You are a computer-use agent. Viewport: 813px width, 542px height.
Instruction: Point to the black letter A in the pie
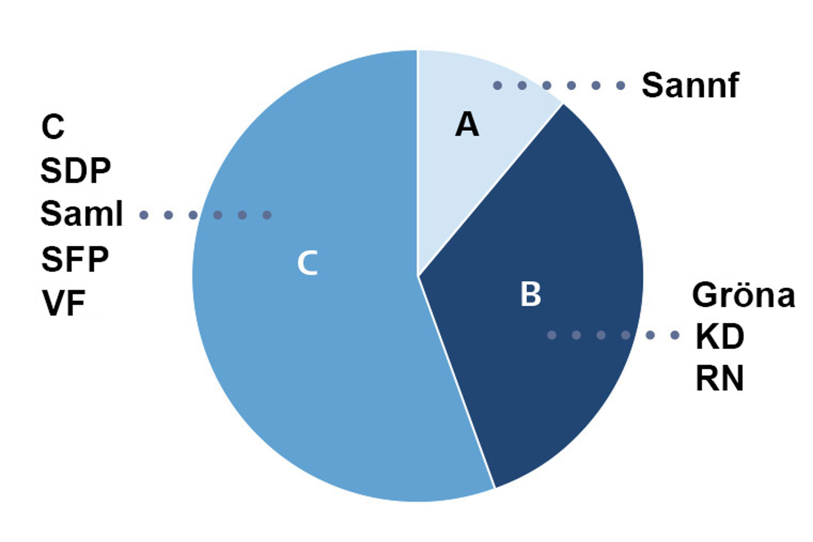tap(467, 125)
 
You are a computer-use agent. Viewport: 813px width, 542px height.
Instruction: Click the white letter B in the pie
tap(531, 294)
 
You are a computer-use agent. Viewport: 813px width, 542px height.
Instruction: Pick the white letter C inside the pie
tap(307, 263)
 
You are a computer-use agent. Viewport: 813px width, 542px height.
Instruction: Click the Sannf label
tap(690, 86)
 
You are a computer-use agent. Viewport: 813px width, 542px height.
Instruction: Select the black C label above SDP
tap(53, 127)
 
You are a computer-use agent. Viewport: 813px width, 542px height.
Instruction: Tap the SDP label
tap(75, 171)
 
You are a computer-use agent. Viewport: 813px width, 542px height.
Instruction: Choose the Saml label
tap(81, 214)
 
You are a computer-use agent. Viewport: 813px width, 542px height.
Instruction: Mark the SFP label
tap(75, 259)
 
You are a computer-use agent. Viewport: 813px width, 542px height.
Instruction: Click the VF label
tap(64, 303)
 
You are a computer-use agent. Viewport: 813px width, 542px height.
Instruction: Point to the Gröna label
tap(744, 295)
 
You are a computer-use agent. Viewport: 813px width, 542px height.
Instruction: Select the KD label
tap(720, 337)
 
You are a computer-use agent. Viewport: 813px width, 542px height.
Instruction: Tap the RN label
tap(720, 378)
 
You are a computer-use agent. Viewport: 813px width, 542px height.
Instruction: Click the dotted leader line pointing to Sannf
tap(559, 86)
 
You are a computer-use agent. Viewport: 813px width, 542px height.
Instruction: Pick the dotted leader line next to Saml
tap(205, 215)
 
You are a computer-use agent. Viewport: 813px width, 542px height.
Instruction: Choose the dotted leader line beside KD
tap(613, 335)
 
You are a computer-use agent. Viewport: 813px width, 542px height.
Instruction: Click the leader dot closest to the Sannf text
tap(621, 86)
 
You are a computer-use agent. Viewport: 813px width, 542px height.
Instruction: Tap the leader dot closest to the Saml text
tap(144, 215)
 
